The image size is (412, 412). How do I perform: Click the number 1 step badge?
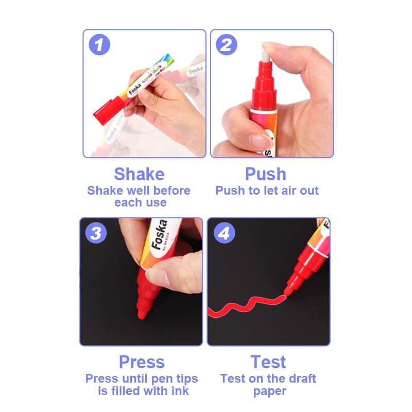(99, 45)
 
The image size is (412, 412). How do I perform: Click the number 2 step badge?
(226, 45)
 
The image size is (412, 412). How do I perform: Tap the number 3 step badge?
(96, 233)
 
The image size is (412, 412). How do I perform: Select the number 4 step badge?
(224, 233)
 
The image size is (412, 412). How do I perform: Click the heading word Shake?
(139, 174)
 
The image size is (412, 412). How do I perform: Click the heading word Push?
(266, 174)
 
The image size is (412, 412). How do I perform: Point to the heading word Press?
(142, 362)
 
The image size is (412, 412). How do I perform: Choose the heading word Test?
(268, 362)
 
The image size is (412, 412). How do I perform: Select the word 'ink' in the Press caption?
(178, 391)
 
